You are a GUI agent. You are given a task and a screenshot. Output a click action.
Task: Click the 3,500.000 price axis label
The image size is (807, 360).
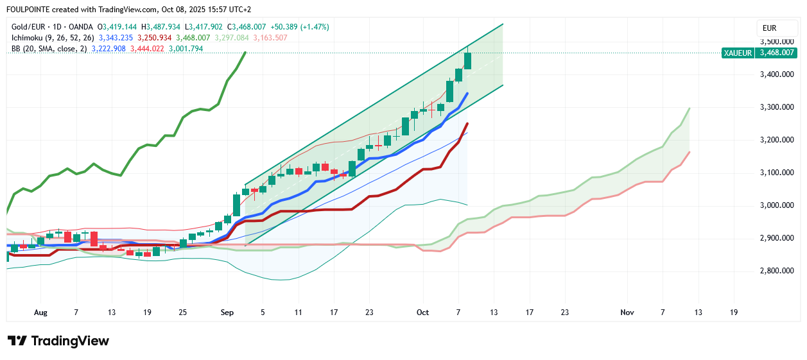(x=776, y=41)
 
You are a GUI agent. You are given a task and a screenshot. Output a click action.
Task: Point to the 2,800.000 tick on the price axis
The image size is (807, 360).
(x=776, y=271)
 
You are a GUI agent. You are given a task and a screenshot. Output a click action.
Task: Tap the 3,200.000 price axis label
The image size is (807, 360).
(x=776, y=140)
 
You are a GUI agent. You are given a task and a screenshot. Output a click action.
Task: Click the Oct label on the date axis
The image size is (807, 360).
(x=422, y=313)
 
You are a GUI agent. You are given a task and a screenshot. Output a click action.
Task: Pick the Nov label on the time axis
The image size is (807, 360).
(x=627, y=313)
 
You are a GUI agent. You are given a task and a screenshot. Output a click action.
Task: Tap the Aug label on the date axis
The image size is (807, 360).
(x=40, y=313)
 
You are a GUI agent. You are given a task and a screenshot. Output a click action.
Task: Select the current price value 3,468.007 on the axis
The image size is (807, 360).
(x=777, y=53)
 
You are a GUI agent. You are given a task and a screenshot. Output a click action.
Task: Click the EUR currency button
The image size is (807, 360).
(x=769, y=28)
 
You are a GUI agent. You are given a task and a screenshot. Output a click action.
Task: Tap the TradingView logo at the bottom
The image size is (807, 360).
(x=58, y=341)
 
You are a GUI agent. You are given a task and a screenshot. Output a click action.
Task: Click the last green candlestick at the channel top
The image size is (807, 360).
(x=468, y=61)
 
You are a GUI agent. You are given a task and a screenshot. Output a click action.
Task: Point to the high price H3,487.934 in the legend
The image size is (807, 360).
(x=163, y=27)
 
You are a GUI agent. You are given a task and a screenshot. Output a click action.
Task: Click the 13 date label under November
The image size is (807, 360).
(x=698, y=313)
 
